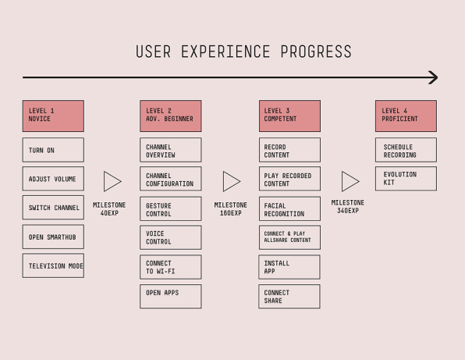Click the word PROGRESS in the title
click(316, 52)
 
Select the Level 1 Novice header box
click(53, 116)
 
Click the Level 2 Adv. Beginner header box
click(171, 116)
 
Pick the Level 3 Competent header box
click(289, 116)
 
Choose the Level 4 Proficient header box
click(406, 116)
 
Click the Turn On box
click(53, 150)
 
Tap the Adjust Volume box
click(53, 179)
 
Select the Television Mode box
click(53, 266)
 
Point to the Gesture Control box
click(171, 209)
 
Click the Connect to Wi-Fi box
click(171, 267)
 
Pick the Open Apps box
click(171, 297)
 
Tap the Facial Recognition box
click(289, 209)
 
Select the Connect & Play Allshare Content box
click(289, 237)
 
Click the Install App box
click(289, 267)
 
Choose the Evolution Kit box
click(406, 179)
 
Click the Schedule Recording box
click(406, 150)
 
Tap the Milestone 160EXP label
click(231, 209)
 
